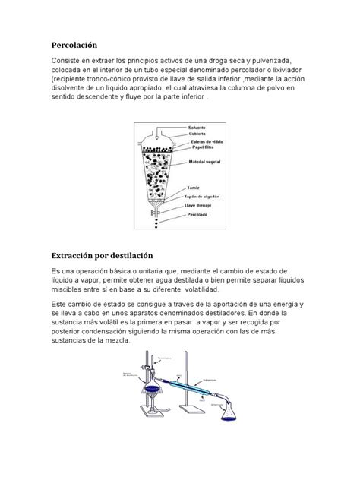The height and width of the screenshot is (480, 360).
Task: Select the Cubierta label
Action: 198,133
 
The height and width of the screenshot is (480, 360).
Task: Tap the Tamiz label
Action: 195,186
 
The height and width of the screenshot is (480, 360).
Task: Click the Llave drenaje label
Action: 201,205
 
